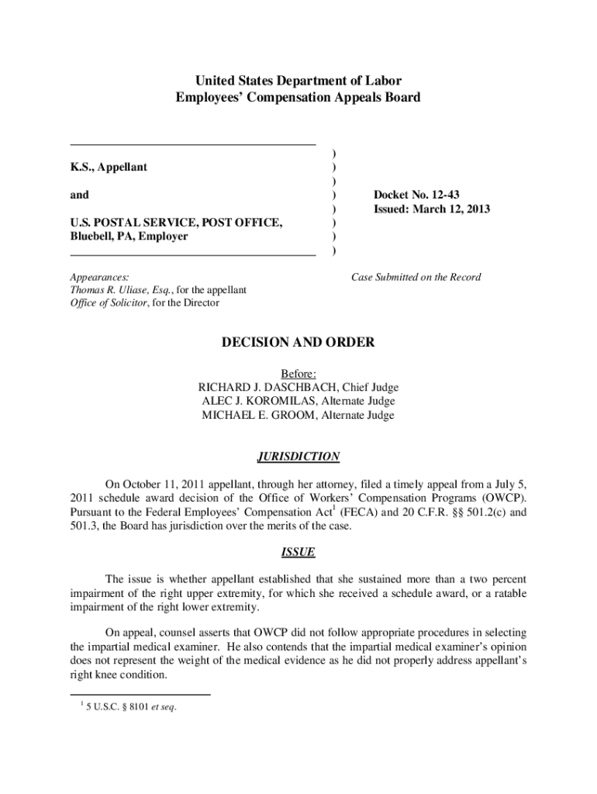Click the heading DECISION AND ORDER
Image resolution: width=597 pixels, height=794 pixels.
click(298, 342)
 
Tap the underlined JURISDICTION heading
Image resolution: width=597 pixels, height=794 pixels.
click(298, 457)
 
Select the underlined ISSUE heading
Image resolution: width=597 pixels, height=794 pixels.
click(298, 553)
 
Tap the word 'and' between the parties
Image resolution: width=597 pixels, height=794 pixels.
click(79, 195)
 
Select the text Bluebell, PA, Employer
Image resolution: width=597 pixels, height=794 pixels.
click(129, 236)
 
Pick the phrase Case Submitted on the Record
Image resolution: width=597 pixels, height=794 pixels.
click(416, 277)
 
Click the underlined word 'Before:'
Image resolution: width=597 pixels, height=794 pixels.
click(298, 374)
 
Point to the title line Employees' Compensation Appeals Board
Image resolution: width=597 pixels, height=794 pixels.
click(298, 98)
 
